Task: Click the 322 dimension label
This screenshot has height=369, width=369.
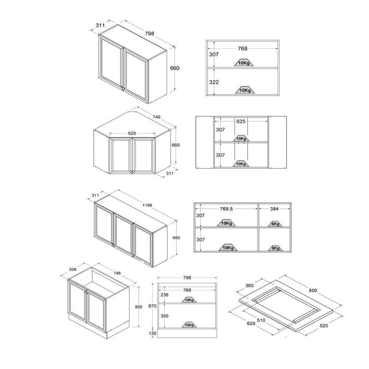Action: click(214, 82)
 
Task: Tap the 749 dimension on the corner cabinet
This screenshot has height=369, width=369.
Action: click(156, 117)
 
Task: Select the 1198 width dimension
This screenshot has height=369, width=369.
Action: click(147, 205)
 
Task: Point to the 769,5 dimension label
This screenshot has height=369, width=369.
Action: click(226, 209)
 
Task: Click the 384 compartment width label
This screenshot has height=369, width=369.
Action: click(274, 209)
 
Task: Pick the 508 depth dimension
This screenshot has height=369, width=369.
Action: click(73, 269)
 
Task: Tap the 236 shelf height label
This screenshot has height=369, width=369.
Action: click(164, 295)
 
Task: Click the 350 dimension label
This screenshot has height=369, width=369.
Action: click(164, 316)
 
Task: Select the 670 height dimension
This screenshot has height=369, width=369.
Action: click(152, 306)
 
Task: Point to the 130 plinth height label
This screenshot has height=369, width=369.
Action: click(153, 333)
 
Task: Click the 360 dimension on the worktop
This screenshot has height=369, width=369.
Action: click(250, 286)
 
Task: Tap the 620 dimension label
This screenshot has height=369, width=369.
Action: click(251, 324)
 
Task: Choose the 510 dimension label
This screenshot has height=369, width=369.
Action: click(261, 320)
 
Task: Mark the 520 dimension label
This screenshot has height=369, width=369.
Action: click(324, 326)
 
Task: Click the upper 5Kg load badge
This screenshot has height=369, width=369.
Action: click(275, 224)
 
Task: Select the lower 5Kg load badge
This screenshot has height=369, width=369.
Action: click(275, 248)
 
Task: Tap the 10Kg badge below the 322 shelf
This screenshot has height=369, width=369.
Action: click(245, 90)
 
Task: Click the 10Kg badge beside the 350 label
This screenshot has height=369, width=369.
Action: click(189, 325)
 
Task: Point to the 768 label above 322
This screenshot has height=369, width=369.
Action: click(243, 48)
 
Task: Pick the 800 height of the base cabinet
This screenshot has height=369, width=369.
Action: click(138, 307)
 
